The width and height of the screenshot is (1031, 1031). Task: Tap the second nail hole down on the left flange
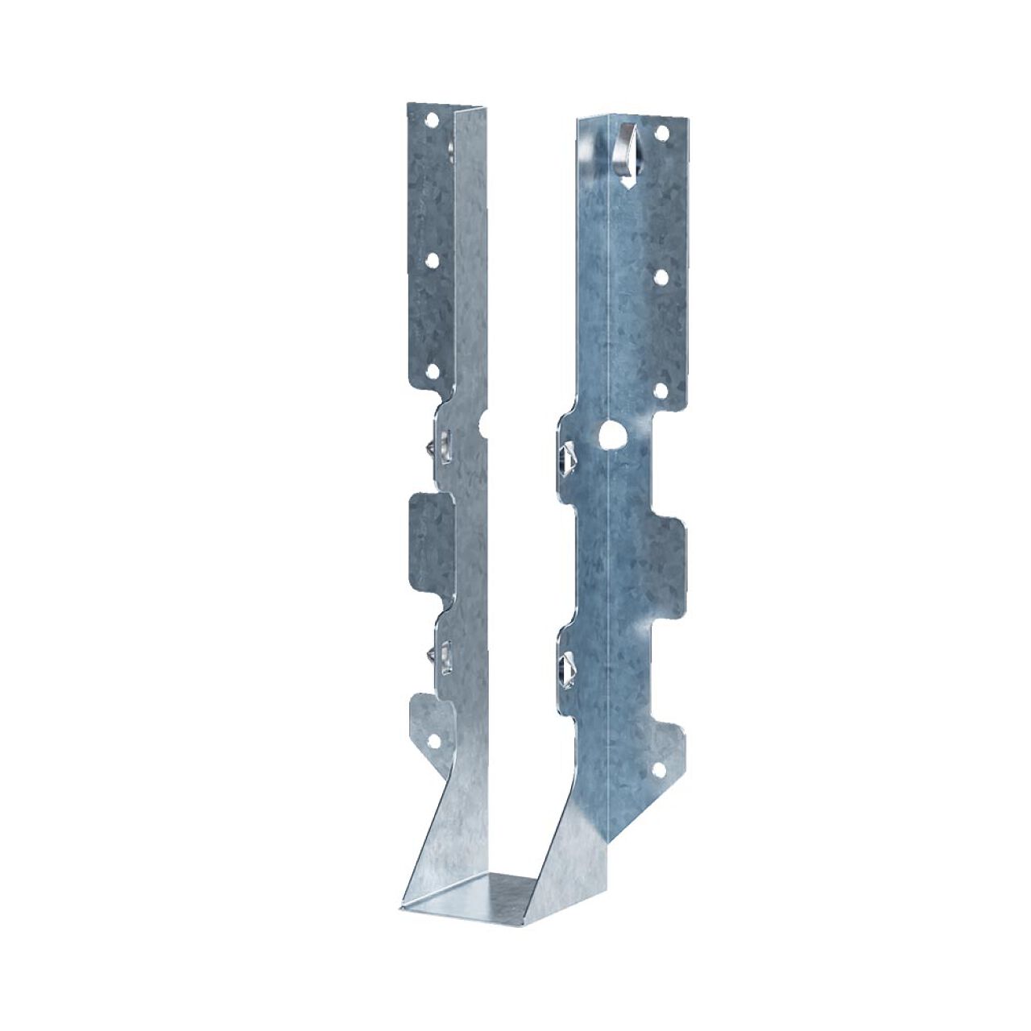pyautogui.click(x=432, y=260)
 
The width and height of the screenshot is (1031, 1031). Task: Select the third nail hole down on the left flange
pyautogui.click(x=431, y=371)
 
